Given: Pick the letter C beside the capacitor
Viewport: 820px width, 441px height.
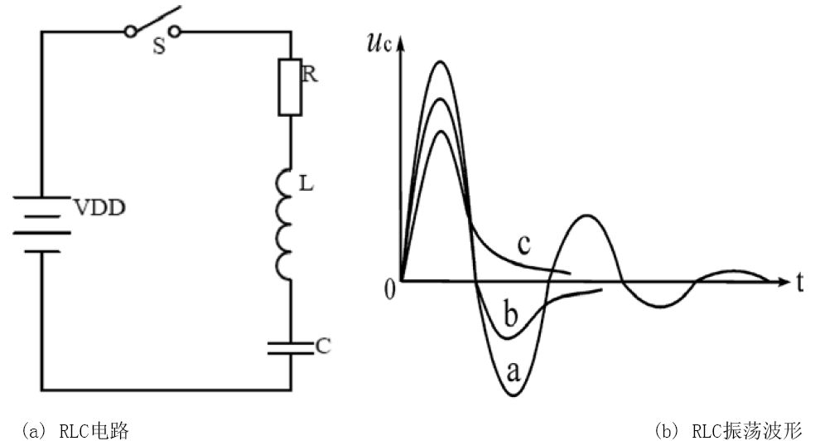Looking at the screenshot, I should (323, 346).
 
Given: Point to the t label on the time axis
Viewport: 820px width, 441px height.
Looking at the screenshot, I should (799, 283).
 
